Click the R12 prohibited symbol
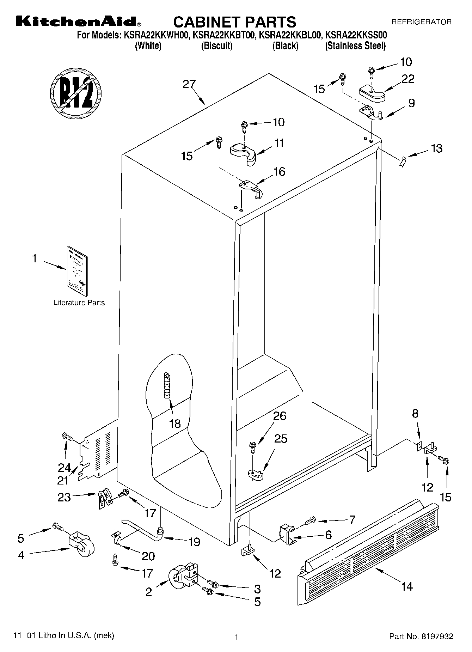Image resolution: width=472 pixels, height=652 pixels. click(75, 92)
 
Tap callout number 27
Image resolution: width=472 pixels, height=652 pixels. click(189, 85)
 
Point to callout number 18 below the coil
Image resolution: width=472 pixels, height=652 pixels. click(175, 424)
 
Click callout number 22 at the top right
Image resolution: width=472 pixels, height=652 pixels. click(408, 79)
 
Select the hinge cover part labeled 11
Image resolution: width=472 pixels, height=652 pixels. click(243, 153)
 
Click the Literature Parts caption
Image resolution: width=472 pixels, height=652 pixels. click(79, 303)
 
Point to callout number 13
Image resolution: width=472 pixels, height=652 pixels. click(436, 148)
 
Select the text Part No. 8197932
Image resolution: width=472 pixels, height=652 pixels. click(421, 636)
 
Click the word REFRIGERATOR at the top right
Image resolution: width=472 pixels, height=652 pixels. click(421, 22)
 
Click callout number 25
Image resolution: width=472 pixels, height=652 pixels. click(281, 439)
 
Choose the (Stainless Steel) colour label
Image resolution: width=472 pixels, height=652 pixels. click(355, 46)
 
